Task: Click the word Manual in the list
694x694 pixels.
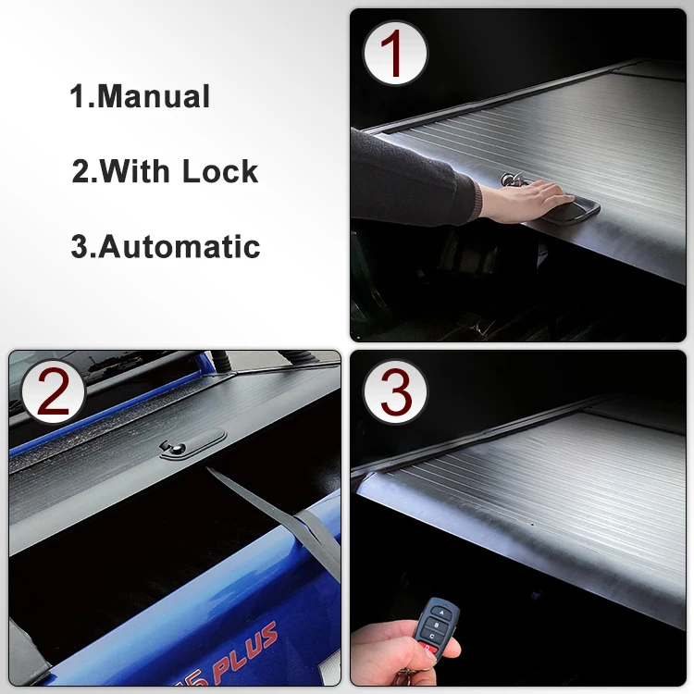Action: coord(154,97)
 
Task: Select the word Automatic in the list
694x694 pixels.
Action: coord(180,247)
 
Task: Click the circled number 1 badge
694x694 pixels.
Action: coord(394,54)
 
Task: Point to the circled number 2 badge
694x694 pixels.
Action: coord(52,392)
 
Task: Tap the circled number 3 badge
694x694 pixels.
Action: coord(395,394)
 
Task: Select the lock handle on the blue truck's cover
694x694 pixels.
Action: coord(192,447)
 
